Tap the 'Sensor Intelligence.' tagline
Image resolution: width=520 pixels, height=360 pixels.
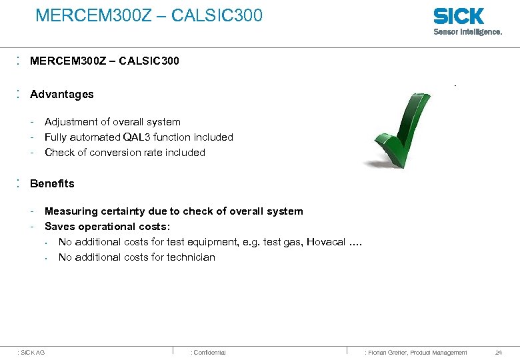(x=467, y=31)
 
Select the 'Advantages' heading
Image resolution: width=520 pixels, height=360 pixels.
(x=62, y=95)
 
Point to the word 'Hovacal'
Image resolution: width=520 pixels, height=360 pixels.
(x=327, y=242)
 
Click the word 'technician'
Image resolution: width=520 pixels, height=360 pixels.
(x=191, y=257)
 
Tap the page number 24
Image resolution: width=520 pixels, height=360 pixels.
(x=499, y=353)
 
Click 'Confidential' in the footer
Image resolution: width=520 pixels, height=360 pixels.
(x=209, y=353)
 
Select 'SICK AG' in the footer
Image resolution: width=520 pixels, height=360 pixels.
(x=33, y=353)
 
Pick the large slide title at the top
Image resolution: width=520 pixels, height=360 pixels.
(x=149, y=15)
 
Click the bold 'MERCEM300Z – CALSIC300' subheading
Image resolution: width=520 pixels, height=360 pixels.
(x=105, y=61)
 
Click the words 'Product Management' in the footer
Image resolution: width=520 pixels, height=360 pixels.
(x=439, y=353)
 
